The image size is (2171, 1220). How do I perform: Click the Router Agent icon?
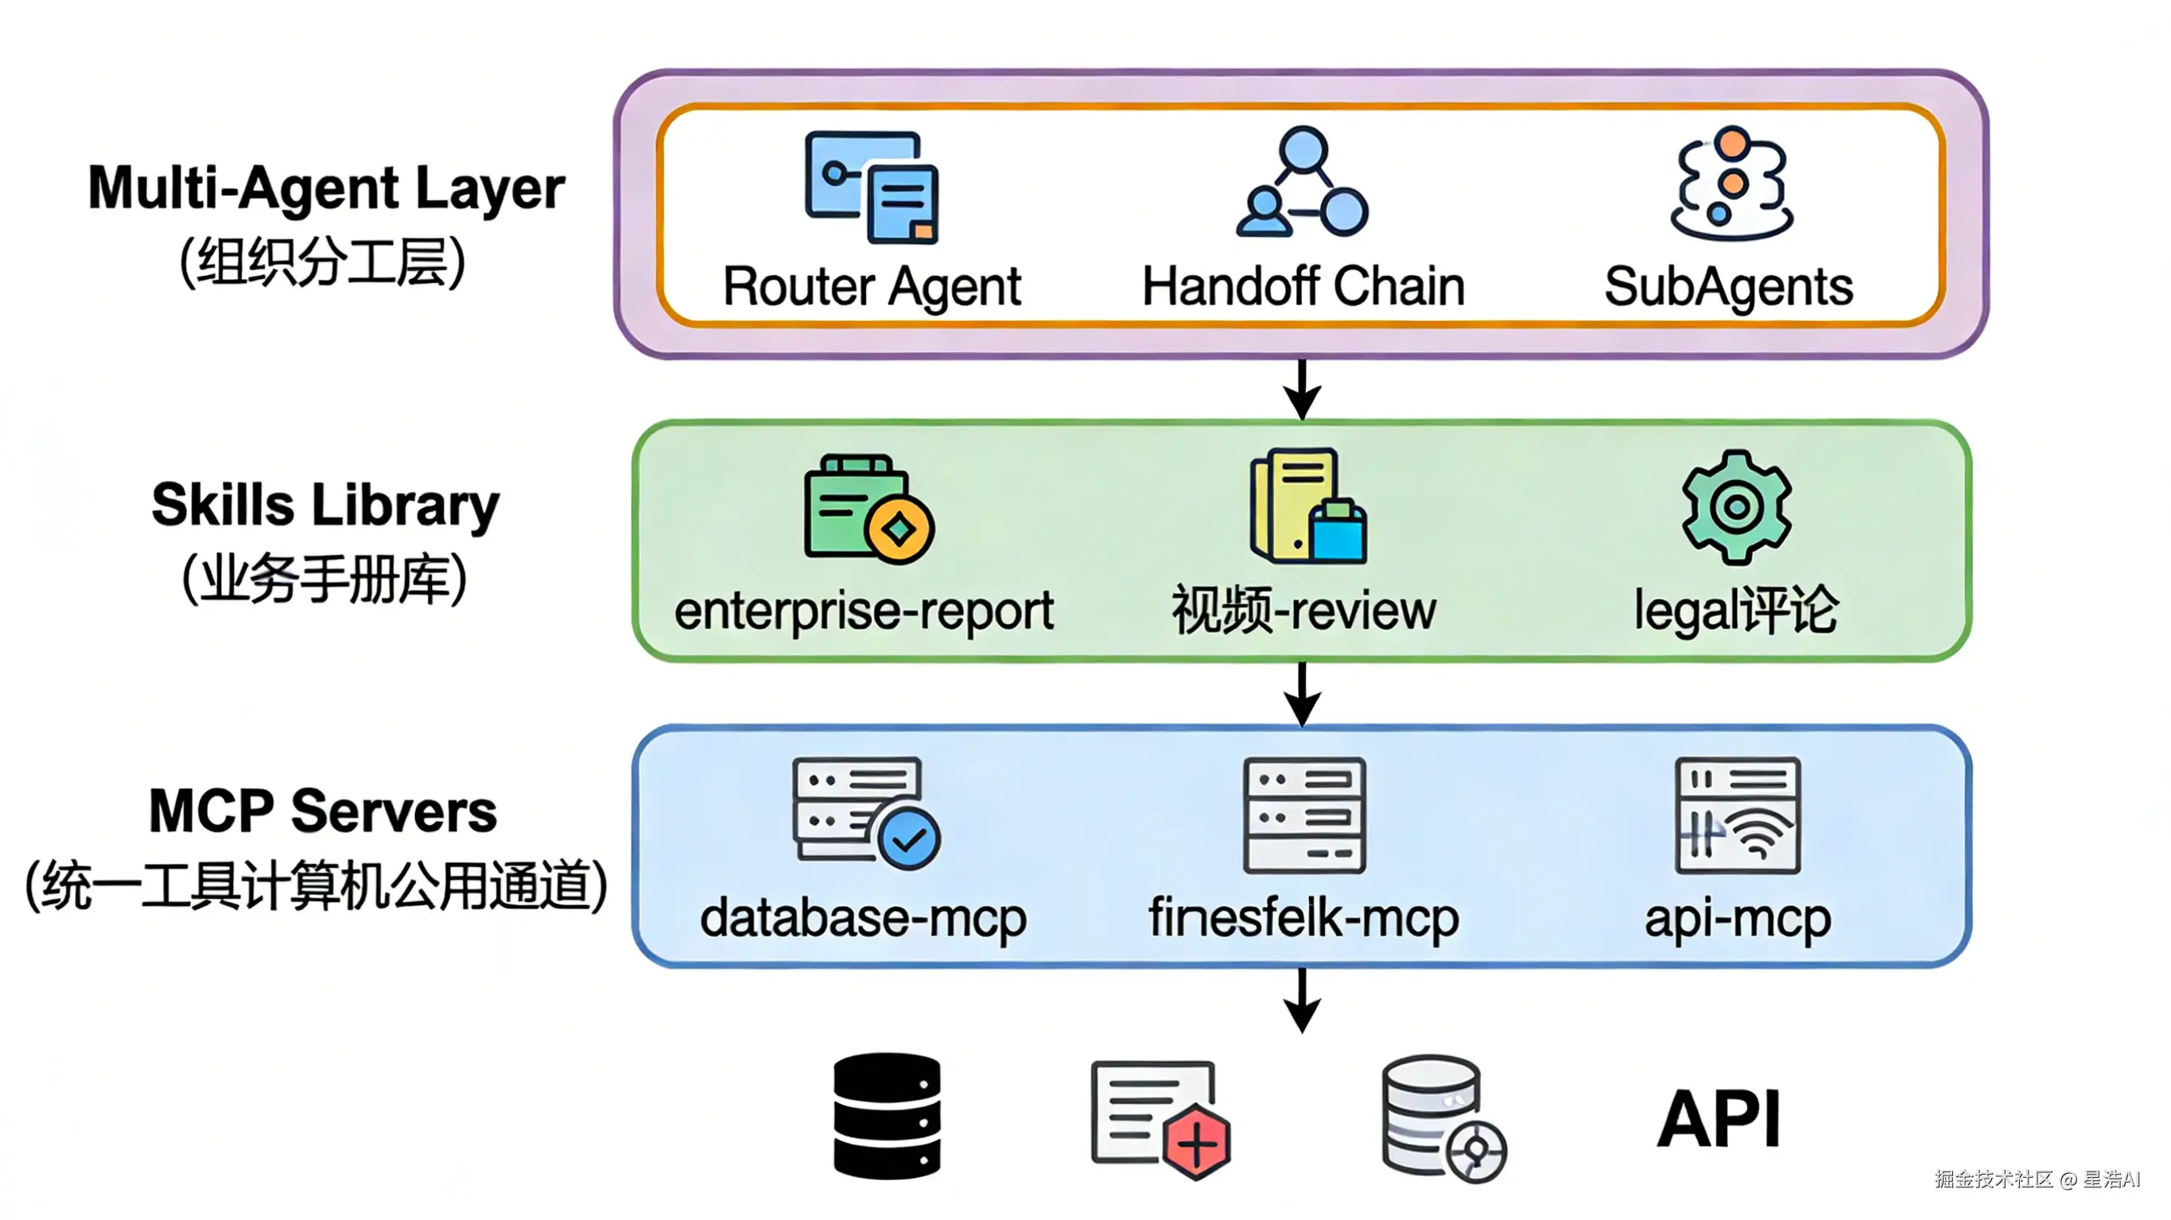tap(872, 187)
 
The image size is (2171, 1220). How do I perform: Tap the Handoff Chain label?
tap(1303, 286)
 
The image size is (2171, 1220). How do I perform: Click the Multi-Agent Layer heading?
tap(326, 187)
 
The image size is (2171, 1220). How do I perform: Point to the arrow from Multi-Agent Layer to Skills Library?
tap(1302, 389)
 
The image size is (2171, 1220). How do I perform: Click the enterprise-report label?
tap(864, 610)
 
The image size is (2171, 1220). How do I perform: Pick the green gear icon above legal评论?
tap(1736, 506)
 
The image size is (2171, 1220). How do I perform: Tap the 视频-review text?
tap(1303, 610)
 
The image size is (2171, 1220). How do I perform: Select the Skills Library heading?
tap(325, 505)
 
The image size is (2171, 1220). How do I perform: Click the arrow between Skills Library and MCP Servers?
tap(1302, 695)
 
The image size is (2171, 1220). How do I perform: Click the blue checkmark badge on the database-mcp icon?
tap(908, 839)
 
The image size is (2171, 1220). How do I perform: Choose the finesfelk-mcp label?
tap(1303, 916)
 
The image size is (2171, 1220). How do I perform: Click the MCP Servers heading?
tap(323, 811)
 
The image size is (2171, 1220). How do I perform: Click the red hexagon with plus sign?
tap(1197, 1144)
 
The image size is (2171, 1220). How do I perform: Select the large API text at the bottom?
tap(1719, 1119)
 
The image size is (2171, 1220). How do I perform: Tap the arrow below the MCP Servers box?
tap(1302, 1001)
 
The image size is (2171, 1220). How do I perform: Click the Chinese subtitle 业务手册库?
tap(324, 579)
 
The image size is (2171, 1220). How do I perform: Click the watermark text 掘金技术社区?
tap(1993, 1179)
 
